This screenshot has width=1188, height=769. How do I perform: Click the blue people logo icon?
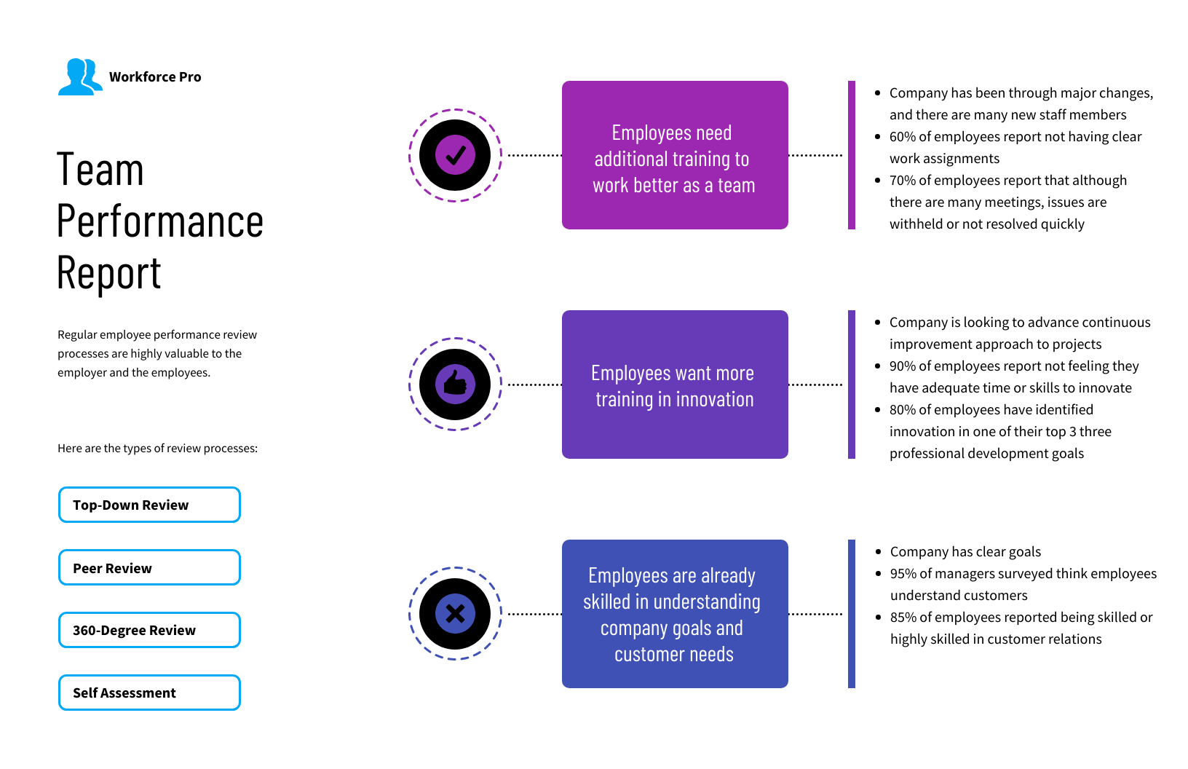click(x=80, y=77)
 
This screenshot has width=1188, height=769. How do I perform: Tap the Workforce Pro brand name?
click(x=155, y=77)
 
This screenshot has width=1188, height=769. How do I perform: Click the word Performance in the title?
click(x=159, y=221)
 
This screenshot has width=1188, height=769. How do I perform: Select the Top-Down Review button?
click(x=149, y=505)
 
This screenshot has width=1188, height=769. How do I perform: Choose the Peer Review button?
click(x=149, y=568)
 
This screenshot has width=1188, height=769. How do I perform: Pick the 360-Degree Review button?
click(x=149, y=630)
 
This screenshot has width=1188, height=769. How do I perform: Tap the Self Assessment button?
click(x=149, y=693)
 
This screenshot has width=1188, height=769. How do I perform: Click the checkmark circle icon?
click(x=455, y=156)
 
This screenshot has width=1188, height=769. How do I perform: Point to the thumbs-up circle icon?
click(x=455, y=384)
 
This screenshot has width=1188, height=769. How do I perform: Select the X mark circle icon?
click(x=455, y=613)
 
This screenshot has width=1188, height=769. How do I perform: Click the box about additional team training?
click(x=675, y=155)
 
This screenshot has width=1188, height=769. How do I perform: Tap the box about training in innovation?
click(x=675, y=384)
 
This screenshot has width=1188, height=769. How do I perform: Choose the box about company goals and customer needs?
click(x=675, y=613)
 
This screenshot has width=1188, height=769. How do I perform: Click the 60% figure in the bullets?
click(x=902, y=137)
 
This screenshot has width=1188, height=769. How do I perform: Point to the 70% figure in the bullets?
click(x=902, y=181)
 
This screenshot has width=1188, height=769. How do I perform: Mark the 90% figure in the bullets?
click(x=902, y=366)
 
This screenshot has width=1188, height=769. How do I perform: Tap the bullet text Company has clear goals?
click(x=965, y=552)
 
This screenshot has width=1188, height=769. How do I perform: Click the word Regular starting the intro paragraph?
click(x=77, y=335)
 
